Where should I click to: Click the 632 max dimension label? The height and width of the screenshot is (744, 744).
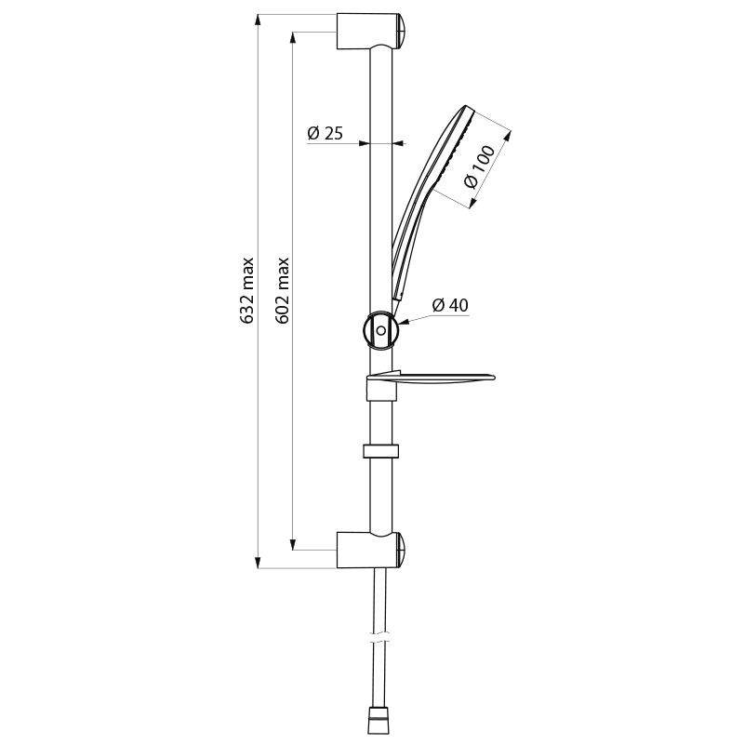tap(247, 289)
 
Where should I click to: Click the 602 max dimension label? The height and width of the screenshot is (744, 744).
tap(284, 289)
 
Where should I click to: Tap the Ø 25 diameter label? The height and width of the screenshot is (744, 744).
tap(325, 133)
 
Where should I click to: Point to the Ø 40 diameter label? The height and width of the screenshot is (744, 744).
tap(450, 304)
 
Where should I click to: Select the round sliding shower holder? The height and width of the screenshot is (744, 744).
tap(380, 330)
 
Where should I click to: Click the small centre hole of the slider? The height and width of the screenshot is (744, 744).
tap(380, 330)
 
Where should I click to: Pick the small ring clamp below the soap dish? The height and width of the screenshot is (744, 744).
tap(380, 452)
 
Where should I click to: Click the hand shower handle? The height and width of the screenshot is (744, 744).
tap(404, 260)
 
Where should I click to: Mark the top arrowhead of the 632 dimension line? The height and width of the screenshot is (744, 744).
tap(258, 20)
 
